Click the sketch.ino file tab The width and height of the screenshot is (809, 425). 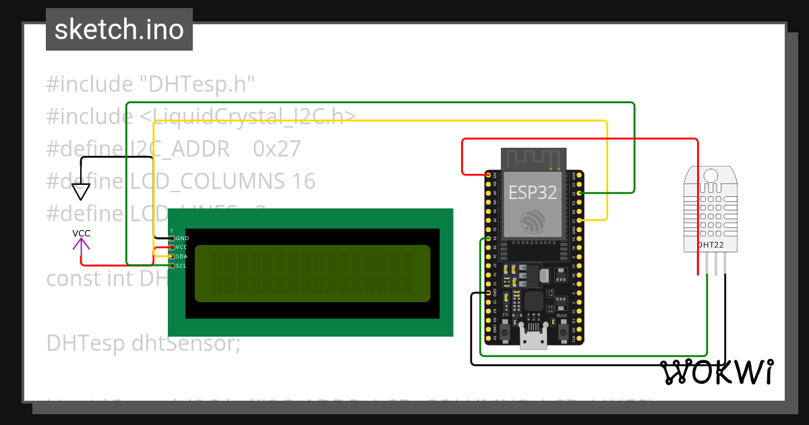[119, 30]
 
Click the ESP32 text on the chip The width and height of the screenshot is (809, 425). [533, 192]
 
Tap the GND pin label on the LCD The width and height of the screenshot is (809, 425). [182, 239]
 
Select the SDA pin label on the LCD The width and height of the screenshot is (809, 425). [181, 257]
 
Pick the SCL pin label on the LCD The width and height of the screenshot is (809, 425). [181, 266]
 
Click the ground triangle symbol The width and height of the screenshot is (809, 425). [81, 192]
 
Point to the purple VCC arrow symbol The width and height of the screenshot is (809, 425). [82, 245]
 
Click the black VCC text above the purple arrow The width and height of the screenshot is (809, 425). [82, 233]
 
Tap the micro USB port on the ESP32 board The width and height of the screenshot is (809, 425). [533, 337]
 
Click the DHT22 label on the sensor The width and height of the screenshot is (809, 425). [711, 244]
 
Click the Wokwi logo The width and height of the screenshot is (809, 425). [716, 372]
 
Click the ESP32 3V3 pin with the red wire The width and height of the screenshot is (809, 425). [488, 175]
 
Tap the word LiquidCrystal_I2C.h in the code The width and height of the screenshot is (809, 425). [249, 116]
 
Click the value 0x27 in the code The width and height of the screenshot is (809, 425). [276, 148]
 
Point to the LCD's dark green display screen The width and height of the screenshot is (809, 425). [312, 273]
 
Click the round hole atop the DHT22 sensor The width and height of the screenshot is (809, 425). [711, 176]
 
